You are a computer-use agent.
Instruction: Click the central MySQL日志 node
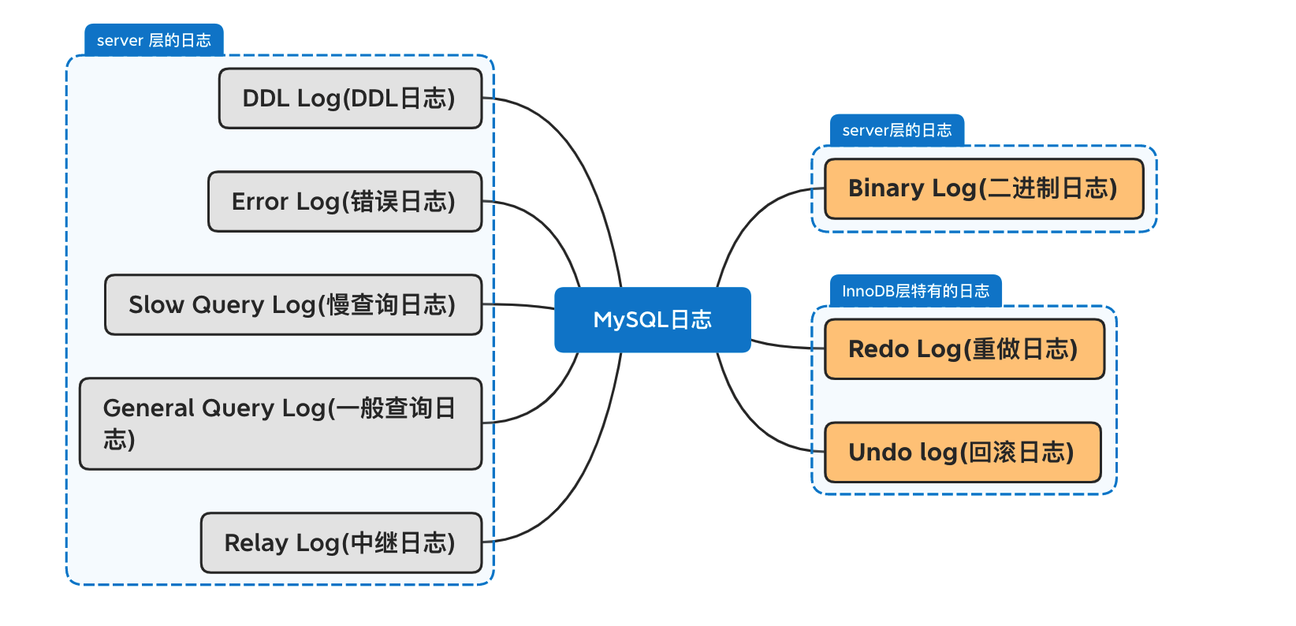(653, 319)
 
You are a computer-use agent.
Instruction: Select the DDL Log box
(350, 99)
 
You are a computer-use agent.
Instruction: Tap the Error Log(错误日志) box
(344, 201)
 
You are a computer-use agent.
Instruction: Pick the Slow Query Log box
(293, 304)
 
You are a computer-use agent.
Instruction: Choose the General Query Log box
(281, 423)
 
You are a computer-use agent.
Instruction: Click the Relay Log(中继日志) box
(341, 542)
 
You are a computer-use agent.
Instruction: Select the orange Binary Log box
(984, 188)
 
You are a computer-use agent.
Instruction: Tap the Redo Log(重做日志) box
(964, 348)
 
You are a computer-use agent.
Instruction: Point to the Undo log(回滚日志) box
(963, 452)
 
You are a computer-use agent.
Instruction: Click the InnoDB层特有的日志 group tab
(915, 290)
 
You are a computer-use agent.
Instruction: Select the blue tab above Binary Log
(897, 130)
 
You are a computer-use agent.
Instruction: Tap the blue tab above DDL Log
(154, 40)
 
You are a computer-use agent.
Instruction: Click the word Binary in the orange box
(886, 188)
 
